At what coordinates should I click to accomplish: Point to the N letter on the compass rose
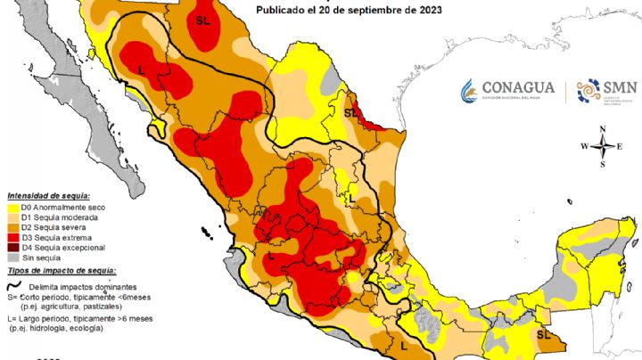point(604,130)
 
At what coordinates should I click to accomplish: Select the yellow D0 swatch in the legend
point(13,208)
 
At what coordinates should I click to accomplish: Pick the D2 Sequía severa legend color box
point(13,227)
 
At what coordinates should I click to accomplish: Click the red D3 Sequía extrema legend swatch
point(13,237)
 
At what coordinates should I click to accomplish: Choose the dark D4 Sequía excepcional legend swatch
point(13,247)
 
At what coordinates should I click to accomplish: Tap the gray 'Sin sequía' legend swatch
point(13,257)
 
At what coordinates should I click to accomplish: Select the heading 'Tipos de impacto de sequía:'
point(62,269)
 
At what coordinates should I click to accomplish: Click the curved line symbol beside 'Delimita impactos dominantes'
point(14,287)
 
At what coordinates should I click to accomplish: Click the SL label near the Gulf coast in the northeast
point(350,113)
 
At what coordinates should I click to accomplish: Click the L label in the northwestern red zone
point(142,69)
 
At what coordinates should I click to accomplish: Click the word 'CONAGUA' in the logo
point(518,87)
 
